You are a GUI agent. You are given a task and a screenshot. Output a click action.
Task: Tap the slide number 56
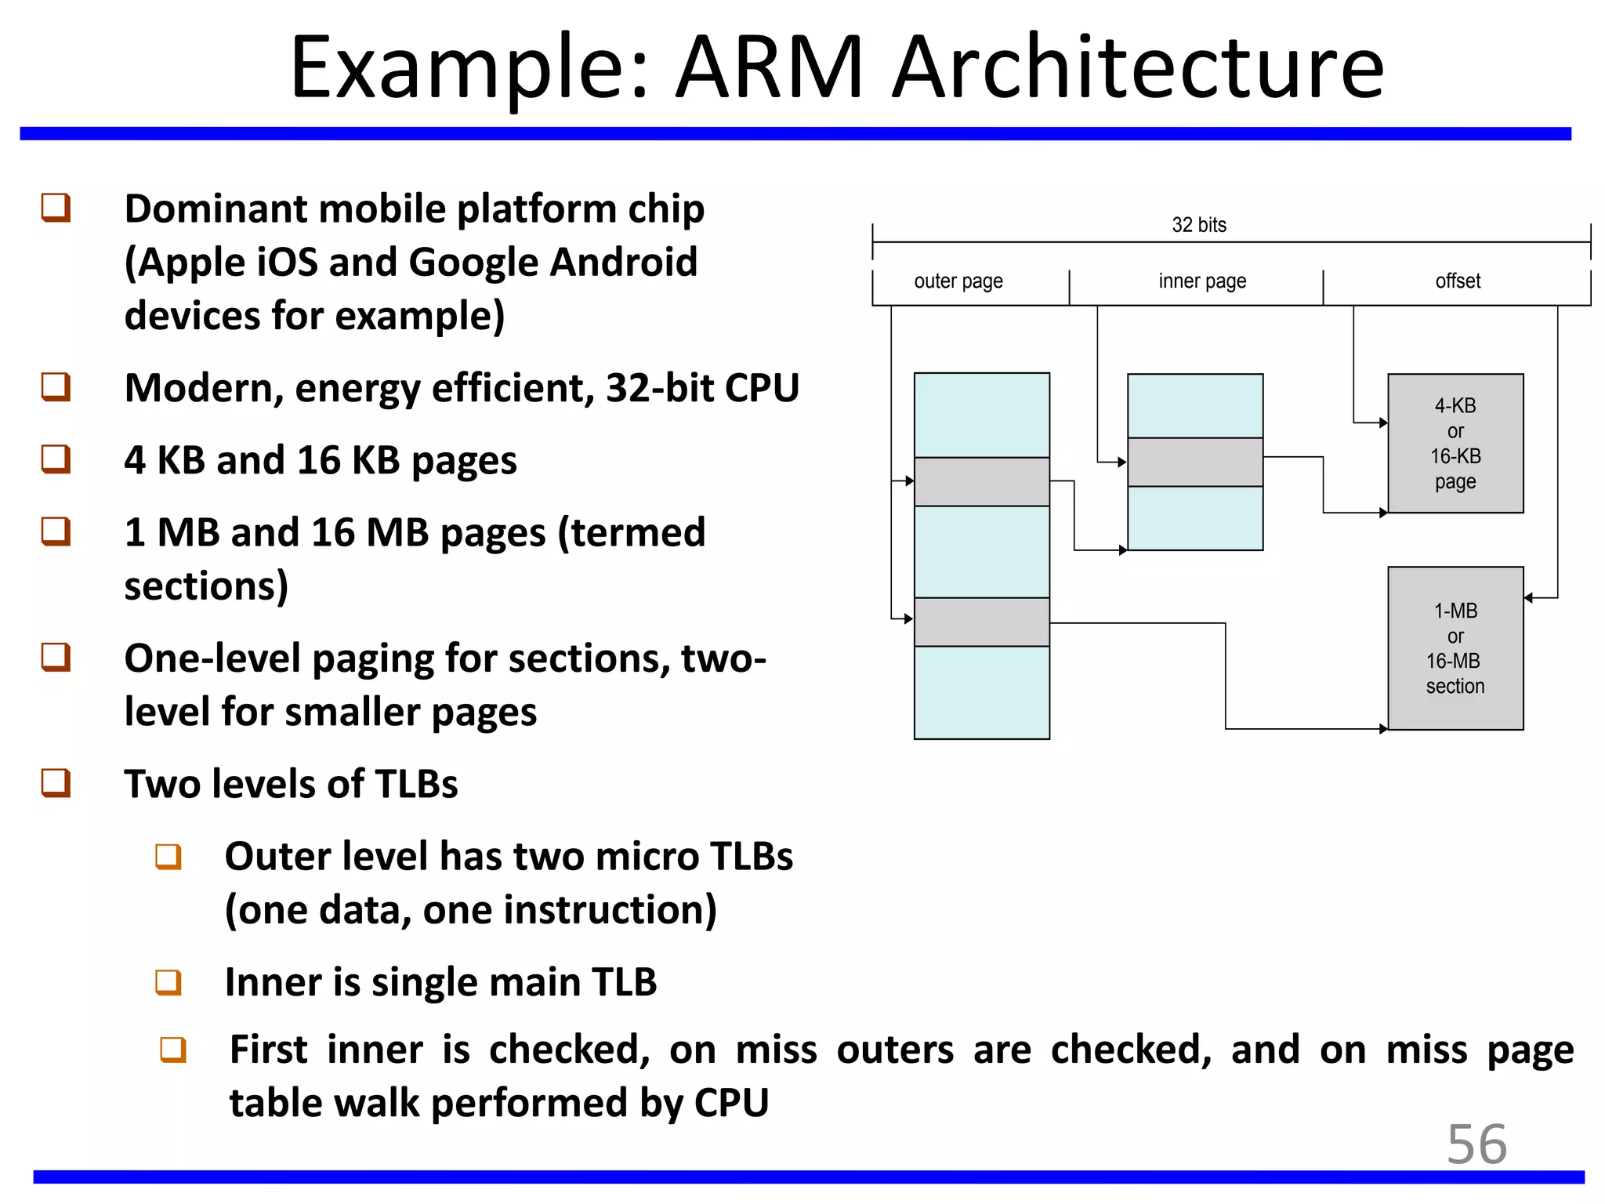[1476, 1144]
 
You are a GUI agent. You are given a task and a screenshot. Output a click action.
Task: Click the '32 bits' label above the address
[1198, 225]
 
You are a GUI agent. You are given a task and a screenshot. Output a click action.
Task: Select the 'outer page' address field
[958, 281]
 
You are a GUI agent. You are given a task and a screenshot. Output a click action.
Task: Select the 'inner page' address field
[1201, 281]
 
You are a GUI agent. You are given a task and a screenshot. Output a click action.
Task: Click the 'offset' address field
[1458, 281]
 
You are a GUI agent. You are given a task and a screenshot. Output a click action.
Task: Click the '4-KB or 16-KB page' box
[1455, 444]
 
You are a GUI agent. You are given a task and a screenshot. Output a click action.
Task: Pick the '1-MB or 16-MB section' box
[1455, 648]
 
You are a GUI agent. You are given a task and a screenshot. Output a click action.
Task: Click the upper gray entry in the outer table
[981, 481]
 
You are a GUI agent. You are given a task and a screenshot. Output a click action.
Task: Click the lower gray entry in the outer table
[981, 622]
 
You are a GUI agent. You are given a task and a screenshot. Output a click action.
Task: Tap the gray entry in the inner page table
[1194, 462]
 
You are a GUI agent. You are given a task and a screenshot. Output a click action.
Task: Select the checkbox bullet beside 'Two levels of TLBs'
[56, 782]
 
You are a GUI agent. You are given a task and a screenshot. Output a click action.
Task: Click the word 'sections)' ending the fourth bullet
[206, 586]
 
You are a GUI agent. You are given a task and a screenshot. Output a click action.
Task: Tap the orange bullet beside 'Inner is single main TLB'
[168, 982]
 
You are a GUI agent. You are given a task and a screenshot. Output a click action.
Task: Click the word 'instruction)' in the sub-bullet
[610, 910]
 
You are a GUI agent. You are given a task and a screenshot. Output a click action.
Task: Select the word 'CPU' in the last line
[731, 1103]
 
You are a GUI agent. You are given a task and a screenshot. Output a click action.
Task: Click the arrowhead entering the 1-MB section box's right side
[1528, 598]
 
